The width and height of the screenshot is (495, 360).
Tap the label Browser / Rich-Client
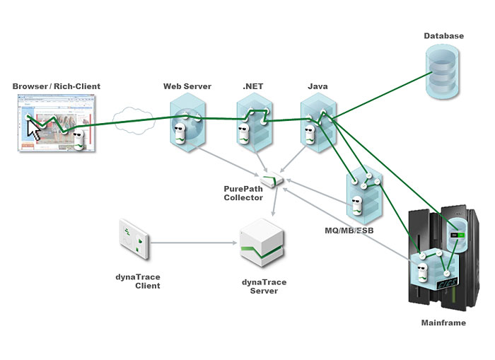[57, 86]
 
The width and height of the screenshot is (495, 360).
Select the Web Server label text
[187, 86]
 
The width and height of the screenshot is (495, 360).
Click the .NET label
[253, 86]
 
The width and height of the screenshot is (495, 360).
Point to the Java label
[318, 86]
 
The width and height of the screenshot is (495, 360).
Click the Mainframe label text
[443, 323]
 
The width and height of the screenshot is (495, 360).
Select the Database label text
[443, 35]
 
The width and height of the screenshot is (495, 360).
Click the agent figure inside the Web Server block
[180, 132]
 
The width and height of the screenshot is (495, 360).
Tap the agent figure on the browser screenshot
[80, 137]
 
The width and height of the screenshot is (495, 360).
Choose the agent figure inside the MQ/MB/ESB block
[358, 205]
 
